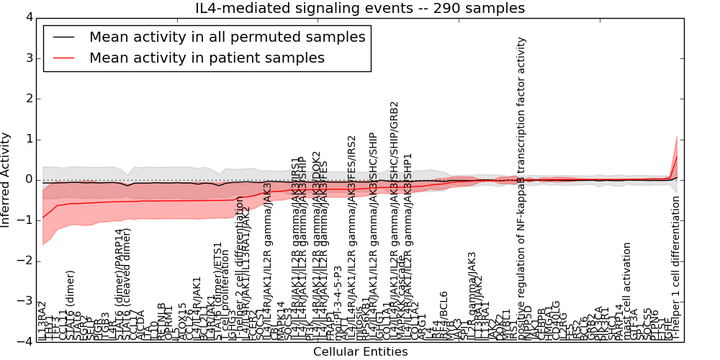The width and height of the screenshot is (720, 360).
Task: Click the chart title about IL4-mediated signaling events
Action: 360,8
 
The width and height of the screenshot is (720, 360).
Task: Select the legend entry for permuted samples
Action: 227,37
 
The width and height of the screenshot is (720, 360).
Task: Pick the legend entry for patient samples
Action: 207,58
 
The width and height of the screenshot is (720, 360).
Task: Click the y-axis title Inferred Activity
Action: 6,179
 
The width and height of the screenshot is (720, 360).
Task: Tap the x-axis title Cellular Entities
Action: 360,352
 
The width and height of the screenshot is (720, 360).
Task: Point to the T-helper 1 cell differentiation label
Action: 677,266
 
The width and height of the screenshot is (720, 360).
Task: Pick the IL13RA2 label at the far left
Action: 42,321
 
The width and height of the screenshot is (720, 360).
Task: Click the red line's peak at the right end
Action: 677,156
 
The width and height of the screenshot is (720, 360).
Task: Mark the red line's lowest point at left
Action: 43,217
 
